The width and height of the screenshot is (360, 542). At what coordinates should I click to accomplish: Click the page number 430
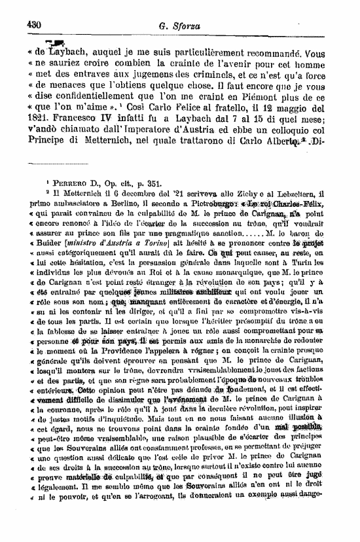[35, 24]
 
